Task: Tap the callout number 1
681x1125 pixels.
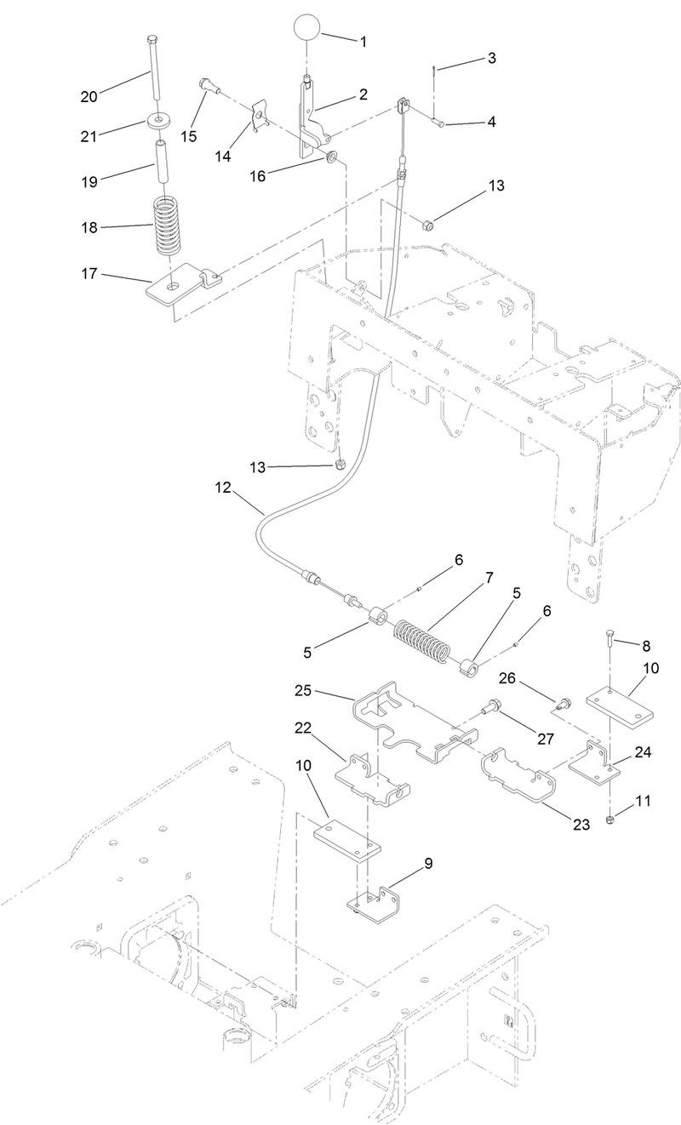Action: [364, 41]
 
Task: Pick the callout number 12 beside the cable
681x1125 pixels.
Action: [222, 488]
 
